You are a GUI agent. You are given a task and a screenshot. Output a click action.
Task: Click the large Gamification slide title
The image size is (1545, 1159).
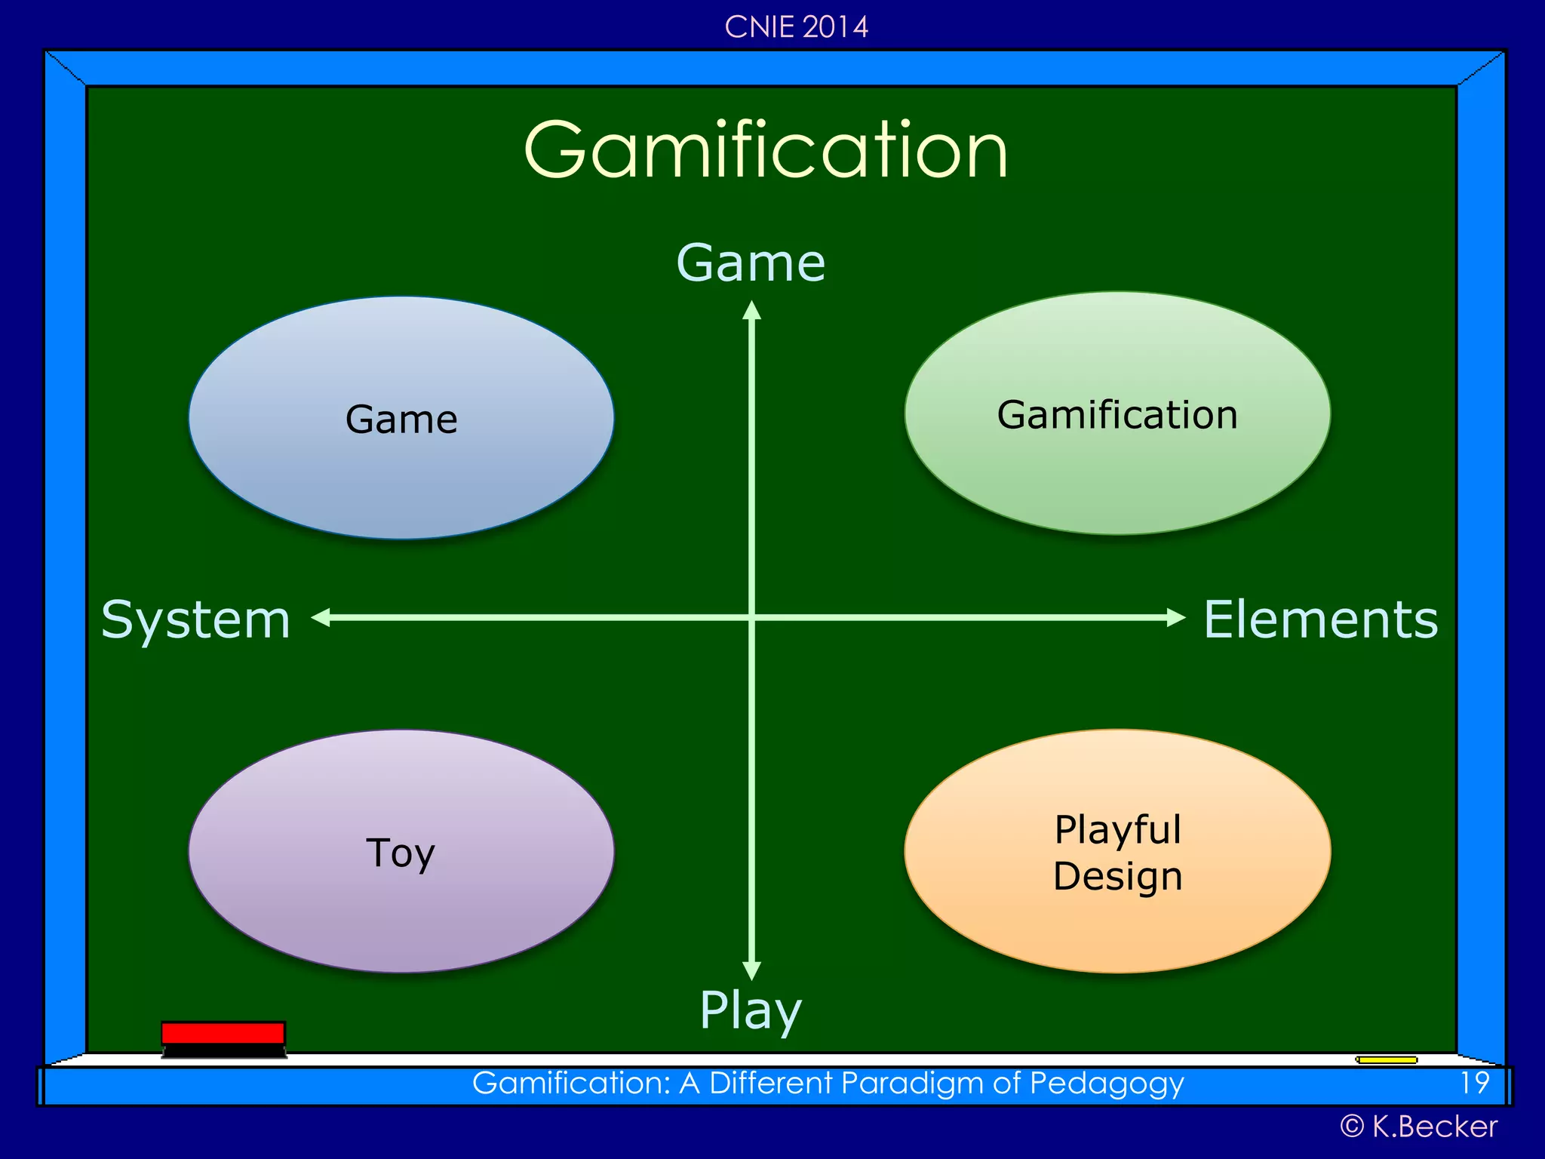(766, 151)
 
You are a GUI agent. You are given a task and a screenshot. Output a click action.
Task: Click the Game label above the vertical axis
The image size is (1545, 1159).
(751, 263)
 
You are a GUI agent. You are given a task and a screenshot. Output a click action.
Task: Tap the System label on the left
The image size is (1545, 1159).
(196, 620)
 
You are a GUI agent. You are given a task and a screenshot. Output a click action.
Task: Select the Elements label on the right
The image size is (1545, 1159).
(1320, 620)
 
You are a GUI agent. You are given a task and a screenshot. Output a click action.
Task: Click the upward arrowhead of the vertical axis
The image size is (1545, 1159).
(751, 310)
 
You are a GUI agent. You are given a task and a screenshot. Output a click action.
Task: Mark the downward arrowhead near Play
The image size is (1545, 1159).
(751, 970)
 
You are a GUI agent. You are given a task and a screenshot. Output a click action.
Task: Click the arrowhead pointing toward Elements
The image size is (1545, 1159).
(1175, 618)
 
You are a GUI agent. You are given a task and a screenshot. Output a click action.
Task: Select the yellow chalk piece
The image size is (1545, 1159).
(1387, 1060)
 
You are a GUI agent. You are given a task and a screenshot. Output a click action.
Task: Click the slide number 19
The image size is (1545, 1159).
(1474, 1084)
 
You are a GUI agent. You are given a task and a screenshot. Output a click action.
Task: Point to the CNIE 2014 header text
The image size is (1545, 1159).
(796, 27)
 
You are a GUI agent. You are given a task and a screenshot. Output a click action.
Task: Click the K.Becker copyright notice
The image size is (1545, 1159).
(1418, 1127)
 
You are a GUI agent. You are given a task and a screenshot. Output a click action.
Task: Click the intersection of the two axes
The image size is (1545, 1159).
(751, 618)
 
